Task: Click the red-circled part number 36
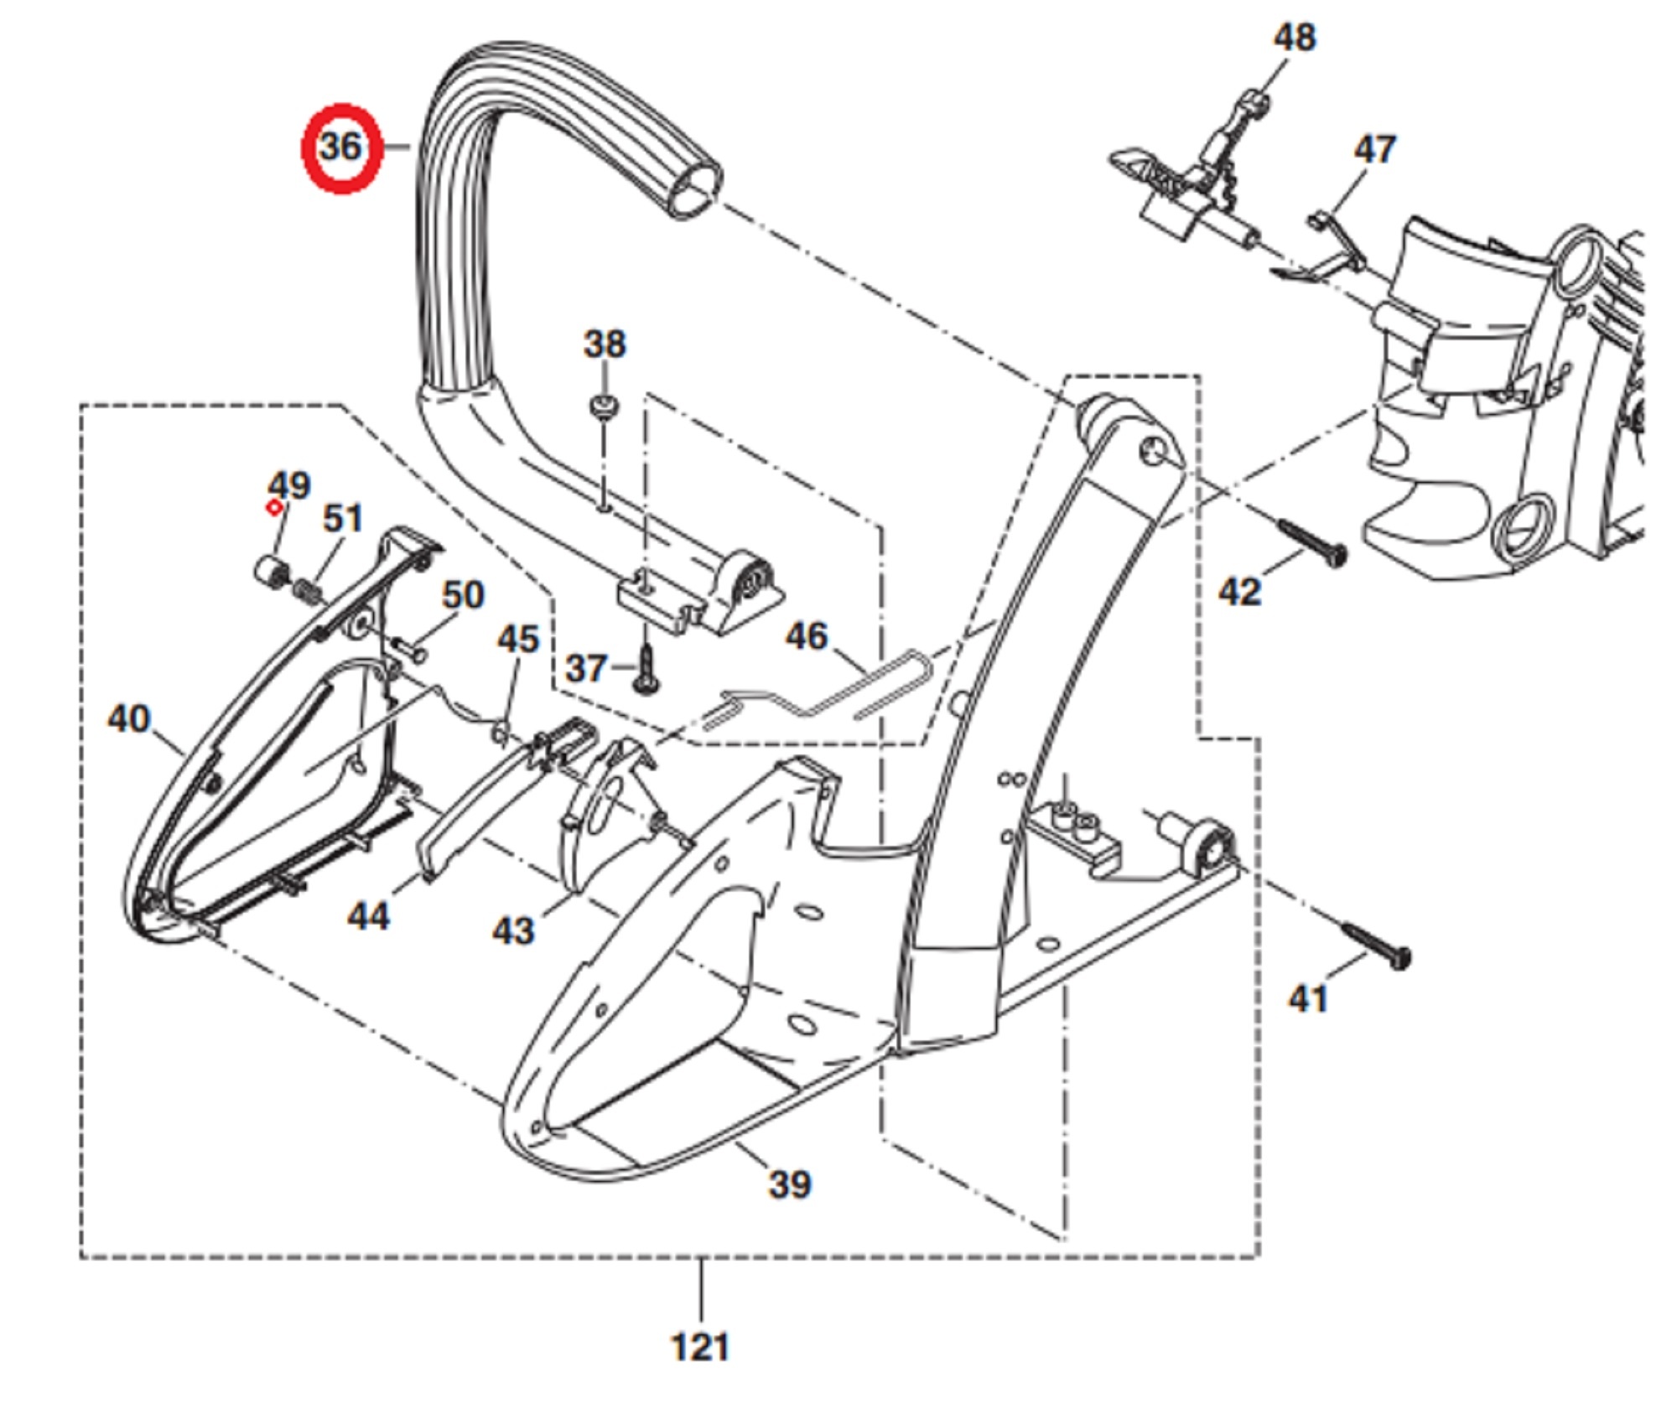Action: click(x=341, y=148)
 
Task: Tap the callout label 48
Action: click(x=1294, y=38)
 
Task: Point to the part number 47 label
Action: click(x=1374, y=150)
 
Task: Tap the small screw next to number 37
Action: click(x=646, y=670)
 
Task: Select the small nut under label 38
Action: click(x=604, y=409)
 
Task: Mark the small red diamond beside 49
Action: click(x=273, y=507)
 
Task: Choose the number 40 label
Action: click(x=128, y=718)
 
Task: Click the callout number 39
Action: click(x=789, y=1184)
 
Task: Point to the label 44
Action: click(x=368, y=916)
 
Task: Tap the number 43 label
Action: click(x=512, y=930)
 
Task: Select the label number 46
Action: click(x=806, y=636)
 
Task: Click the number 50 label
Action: click(x=463, y=595)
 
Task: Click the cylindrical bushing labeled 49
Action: click(x=271, y=573)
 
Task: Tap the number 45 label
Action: click(x=517, y=640)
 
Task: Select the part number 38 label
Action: click(x=604, y=344)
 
